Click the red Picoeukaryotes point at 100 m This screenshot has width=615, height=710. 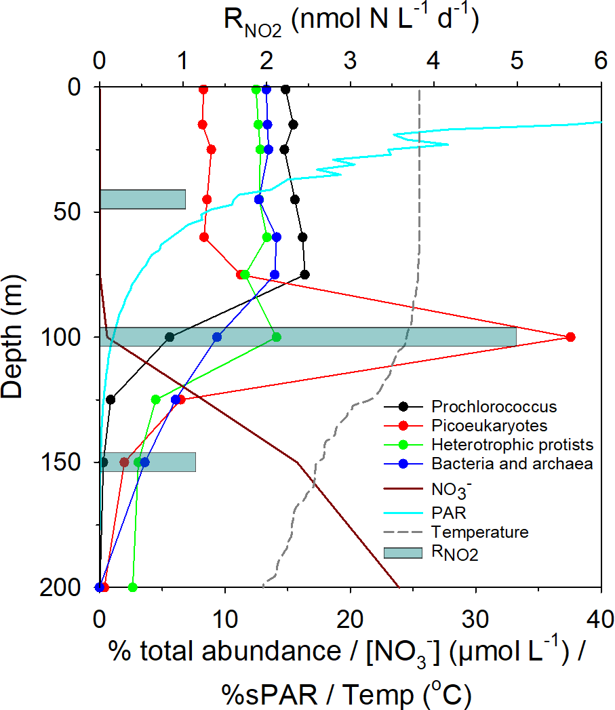click(570, 337)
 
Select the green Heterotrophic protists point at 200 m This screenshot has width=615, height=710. click(132, 587)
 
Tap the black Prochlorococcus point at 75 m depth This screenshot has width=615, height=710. click(305, 275)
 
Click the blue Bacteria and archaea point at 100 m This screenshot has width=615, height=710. click(217, 337)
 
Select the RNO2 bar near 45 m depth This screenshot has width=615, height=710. click(142, 199)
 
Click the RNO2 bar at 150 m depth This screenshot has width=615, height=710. click(148, 462)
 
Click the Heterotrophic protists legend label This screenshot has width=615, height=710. click(512, 445)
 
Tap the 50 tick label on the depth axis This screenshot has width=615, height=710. click(67, 212)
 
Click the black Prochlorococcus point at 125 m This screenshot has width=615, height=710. click(111, 399)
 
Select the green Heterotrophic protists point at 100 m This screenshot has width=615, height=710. click(276, 337)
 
